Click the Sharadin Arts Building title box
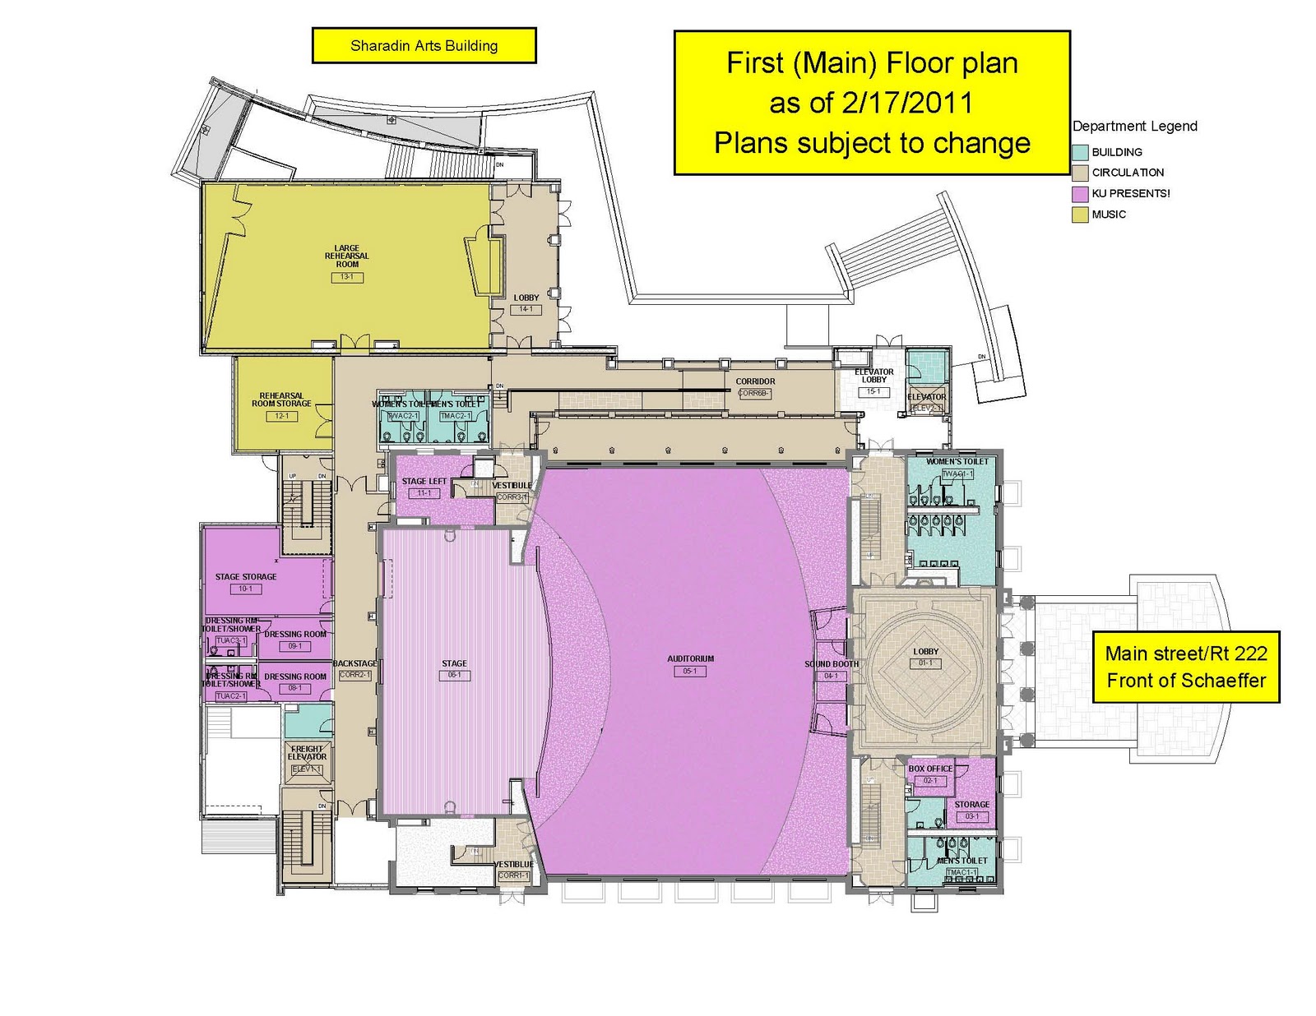tap(424, 45)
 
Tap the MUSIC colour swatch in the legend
tap(1080, 215)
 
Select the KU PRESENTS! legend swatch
tap(1080, 194)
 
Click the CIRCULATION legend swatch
tap(1080, 173)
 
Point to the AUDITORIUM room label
tap(690, 658)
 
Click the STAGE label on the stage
tap(454, 663)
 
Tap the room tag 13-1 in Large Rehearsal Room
tap(347, 277)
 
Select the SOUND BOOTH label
tap(831, 664)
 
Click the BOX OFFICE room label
tap(930, 769)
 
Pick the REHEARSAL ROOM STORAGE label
tap(281, 399)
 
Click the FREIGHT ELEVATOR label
tap(307, 753)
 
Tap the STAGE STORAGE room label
tap(246, 577)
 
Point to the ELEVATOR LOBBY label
tap(873, 376)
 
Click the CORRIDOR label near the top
tap(755, 381)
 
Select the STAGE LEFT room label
tap(424, 482)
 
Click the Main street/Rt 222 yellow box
tap(1185, 667)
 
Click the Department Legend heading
tap(1134, 127)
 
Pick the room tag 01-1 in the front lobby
tap(925, 663)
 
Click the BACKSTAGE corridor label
tap(354, 663)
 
